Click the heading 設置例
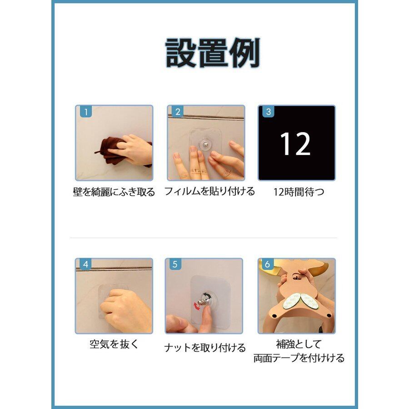coord(213,53)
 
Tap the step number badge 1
coord(85,112)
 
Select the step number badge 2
coord(178,112)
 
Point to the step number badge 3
coord(268,112)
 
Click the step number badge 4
coord(85,264)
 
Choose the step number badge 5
coord(175,264)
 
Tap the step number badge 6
coord(267,264)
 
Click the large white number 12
coord(295,144)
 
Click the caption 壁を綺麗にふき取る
coord(114,192)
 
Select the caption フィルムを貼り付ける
coord(209,191)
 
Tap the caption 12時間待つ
coord(299,192)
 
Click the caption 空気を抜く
coord(114,344)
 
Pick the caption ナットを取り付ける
coord(205,348)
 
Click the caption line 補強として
coord(299,344)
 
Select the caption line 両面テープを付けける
coord(299,358)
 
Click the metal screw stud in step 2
coord(205,144)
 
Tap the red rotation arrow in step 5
coord(197,306)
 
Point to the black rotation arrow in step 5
coord(207,295)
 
